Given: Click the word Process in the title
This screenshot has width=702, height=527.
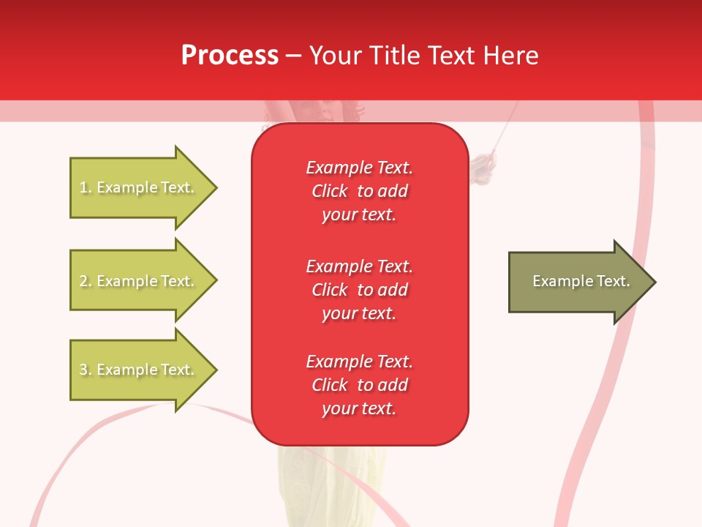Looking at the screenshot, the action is coord(230,56).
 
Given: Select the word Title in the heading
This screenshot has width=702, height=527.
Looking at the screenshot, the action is coord(393,56).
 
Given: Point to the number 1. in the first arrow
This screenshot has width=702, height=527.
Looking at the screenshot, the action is coord(86,188).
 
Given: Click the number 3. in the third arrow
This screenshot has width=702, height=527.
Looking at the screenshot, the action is coord(86,370).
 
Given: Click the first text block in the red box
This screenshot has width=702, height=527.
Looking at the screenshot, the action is coord(360,191).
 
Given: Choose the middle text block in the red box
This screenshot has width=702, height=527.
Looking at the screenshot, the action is coord(360,290).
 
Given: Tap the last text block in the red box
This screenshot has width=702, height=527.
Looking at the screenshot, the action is coord(360,385).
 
